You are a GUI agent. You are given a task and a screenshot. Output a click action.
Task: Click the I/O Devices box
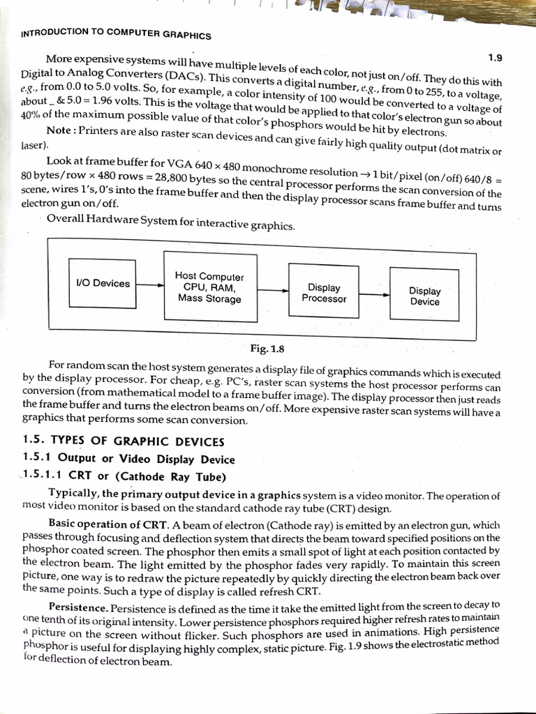coord(102,284)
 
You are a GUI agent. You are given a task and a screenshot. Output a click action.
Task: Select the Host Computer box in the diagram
coord(209,287)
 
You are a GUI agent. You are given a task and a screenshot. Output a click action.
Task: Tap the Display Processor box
coord(324,293)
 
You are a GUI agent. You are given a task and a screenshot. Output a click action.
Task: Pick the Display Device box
coord(424,296)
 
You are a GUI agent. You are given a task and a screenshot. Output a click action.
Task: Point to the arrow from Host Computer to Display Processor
coord(266,289)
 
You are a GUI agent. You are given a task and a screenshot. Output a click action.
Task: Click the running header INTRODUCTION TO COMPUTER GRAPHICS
coord(117,33)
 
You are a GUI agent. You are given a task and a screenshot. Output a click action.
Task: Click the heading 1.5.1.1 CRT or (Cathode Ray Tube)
coord(125,477)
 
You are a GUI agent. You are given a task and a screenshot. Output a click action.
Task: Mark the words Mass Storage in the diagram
coord(209,299)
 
